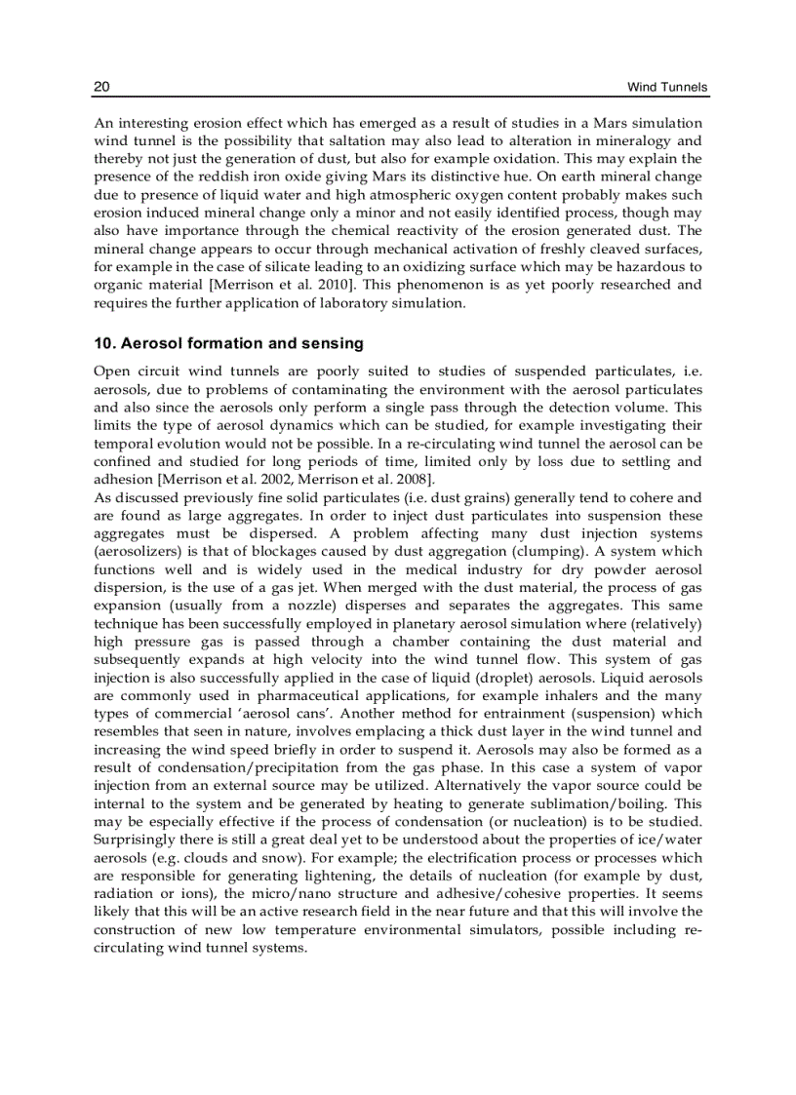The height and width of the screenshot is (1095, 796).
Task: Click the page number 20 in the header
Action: click(101, 88)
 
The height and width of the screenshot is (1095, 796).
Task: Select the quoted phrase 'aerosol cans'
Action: click(296, 714)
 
